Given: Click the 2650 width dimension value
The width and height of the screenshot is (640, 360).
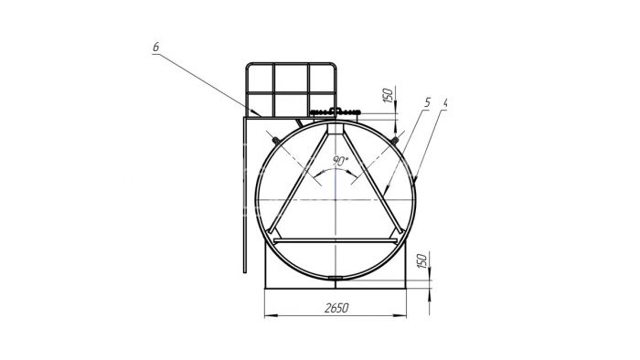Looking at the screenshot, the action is click(x=336, y=308).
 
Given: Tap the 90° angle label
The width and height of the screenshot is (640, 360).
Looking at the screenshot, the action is click(x=339, y=161).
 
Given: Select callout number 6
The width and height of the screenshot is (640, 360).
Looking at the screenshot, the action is click(x=156, y=47).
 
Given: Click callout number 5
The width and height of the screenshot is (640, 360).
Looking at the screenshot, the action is click(x=427, y=102).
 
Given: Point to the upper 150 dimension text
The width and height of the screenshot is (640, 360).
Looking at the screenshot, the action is click(x=389, y=95).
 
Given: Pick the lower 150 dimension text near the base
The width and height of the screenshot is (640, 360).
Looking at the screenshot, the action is click(x=422, y=260).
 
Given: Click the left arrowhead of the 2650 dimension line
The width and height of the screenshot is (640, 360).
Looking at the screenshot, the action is click(x=271, y=315).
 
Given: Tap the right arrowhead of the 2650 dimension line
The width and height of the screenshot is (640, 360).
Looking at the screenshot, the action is click(x=400, y=315).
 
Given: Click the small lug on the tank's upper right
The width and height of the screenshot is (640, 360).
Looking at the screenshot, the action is click(x=394, y=141).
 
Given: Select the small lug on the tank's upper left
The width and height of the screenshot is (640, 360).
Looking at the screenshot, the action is click(x=276, y=141).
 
